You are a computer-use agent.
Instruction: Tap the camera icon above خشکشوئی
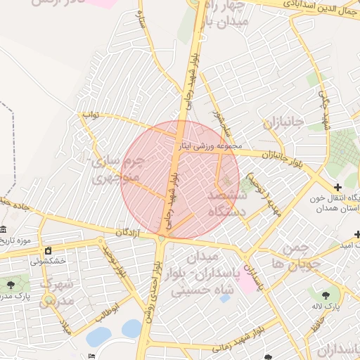pyautogui.click(x=48, y=251)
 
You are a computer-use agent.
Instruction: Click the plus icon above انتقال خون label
pyautogui.click(x=338, y=188)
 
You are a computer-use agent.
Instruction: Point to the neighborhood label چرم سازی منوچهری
pyautogui.click(x=117, y=169)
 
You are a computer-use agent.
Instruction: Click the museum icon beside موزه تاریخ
pyautogui.click(x=4, y=231)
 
